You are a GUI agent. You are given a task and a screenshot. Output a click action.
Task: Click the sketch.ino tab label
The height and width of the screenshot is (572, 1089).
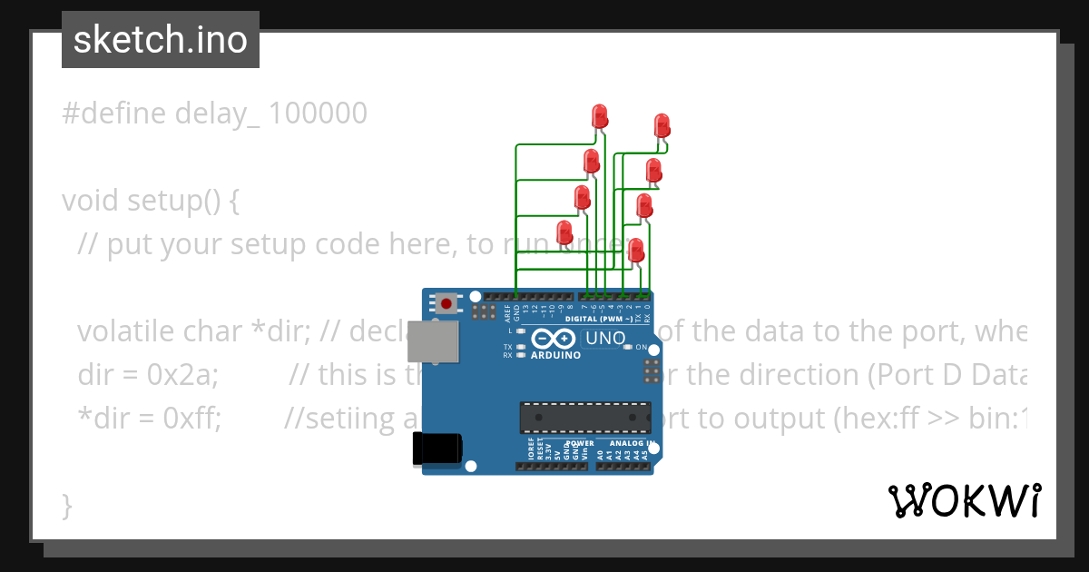click(161, 40)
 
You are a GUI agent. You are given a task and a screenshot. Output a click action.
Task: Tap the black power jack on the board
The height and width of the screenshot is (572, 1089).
click(437, 449)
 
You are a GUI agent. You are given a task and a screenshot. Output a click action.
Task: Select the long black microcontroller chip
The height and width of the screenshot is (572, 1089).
click(585, 417)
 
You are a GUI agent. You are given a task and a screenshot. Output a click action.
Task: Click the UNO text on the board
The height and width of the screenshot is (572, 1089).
click(605, 339)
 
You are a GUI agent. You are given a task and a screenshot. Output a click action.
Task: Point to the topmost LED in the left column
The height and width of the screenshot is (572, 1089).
click(600, 116)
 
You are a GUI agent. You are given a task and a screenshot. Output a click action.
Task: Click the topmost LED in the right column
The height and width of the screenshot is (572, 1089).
click(662, 125)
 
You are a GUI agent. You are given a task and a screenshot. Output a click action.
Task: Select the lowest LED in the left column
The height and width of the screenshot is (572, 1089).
click(564, 232)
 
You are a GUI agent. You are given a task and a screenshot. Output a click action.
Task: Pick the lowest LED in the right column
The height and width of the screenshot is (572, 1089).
click(636, 250)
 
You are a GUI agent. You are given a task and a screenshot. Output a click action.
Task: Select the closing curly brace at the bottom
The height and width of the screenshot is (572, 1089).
click(66, 505)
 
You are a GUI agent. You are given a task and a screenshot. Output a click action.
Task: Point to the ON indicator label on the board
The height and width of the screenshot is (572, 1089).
click(641, 348)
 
